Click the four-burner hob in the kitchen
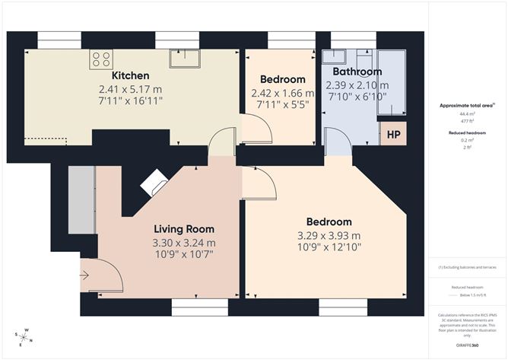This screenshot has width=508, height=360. point(101,59)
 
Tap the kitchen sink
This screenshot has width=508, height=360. point(185,59)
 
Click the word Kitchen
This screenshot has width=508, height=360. point(131,76)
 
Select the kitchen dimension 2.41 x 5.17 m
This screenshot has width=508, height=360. point(131,89)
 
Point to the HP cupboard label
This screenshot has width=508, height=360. point(394,135)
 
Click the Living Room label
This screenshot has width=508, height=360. point(184,229)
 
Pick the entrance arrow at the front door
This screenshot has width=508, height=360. point(84,275)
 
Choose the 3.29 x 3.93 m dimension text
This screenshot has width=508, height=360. point(329,235)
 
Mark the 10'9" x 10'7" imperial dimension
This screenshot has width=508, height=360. point(184,253)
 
